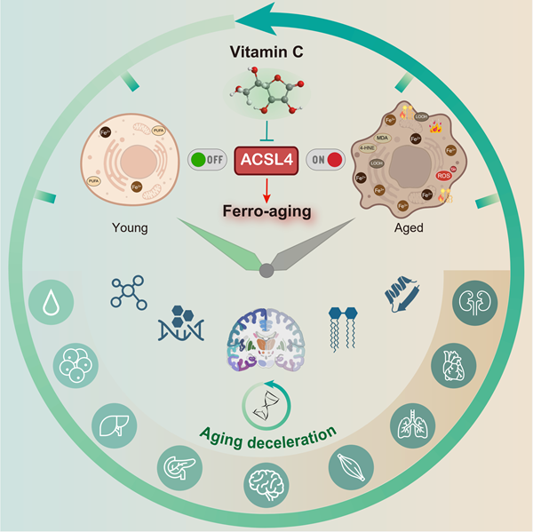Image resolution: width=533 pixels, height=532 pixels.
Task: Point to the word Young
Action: pos(132,227)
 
